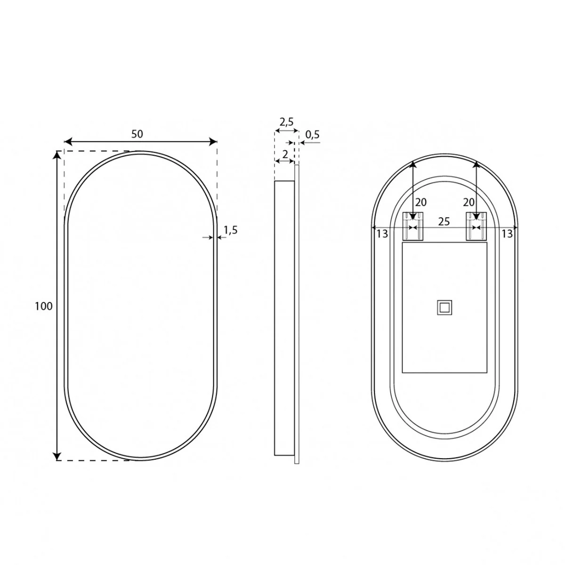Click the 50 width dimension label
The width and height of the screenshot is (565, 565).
point(137,134)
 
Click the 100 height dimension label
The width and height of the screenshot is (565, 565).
point(44,306)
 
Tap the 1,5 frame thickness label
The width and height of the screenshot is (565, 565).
point(230,230)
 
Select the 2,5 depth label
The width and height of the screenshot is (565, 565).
point(286,121)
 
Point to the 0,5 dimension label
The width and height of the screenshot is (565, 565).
point(312,135)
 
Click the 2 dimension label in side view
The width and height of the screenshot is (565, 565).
point(285,154)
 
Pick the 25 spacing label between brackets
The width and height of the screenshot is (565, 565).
point(444,221)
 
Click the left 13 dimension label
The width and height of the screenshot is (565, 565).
point(382,234)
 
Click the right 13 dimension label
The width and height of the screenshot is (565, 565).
point(507,234)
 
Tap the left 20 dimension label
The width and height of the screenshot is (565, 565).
point(421,202)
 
